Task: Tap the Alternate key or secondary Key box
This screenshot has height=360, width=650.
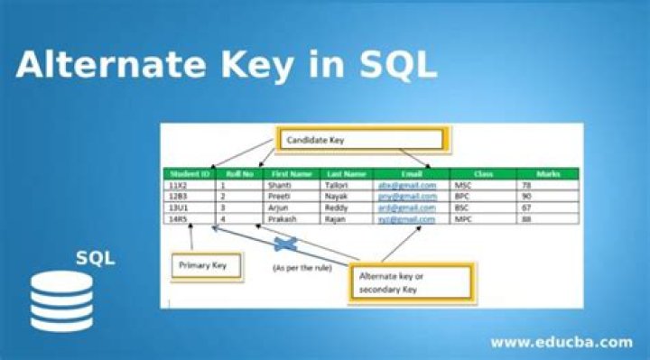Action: (411, 282)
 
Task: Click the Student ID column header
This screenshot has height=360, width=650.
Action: (190, 173)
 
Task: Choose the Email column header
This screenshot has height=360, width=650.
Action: (408, 173)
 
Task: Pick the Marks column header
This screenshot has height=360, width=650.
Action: (547, 173)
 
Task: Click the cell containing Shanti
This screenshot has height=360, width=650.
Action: (280, 185)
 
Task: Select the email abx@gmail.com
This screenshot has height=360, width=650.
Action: (408, 185)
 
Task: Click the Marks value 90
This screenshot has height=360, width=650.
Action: (527, 196)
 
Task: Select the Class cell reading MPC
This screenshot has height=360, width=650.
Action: (463, 218)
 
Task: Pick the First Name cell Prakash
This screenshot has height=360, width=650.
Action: (283, 218)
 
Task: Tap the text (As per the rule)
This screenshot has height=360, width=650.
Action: (302, 268)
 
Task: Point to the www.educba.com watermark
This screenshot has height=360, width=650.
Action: (561, 342)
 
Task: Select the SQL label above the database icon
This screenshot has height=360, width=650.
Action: (95, 258)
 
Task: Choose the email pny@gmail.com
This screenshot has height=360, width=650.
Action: (408, 196)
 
